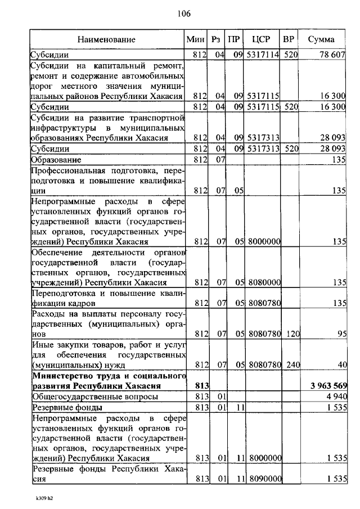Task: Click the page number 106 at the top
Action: tap(184, 14)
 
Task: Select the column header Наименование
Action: tap(107, 39)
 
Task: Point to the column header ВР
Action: tap(290, 39)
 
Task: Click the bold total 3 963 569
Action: tap(328, 386)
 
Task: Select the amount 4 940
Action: tap(336, 397)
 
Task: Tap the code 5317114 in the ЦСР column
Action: tap(262, 55)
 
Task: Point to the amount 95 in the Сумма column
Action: tap(340, 334)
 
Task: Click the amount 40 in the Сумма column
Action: tap(341, 364)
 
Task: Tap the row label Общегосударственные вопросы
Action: tap(87, 397)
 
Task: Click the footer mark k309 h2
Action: tap(42, 498)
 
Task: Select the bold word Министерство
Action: tap(61, 375)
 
